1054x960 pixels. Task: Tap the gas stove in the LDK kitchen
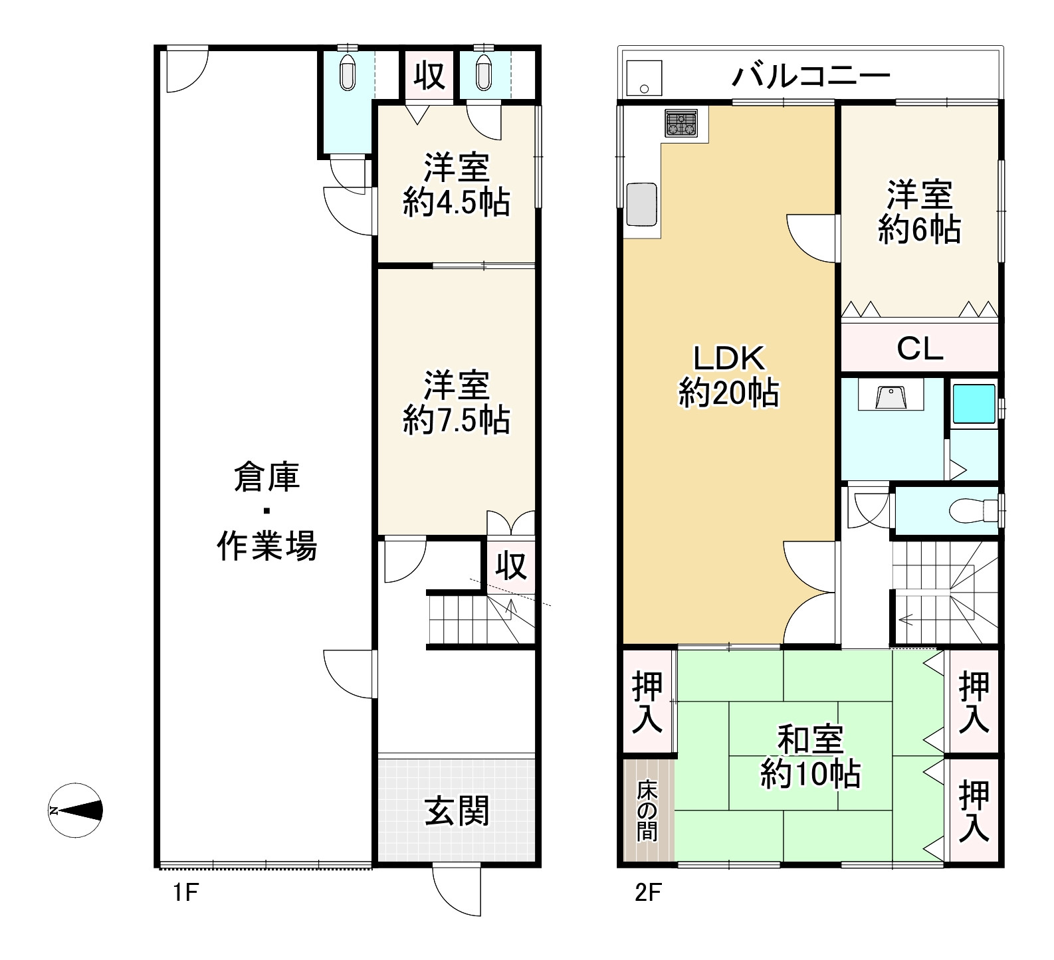[681, 124]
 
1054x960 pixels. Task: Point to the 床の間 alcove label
[647, 811]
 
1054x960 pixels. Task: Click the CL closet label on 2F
[920, 349]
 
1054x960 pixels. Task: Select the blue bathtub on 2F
[974, 403]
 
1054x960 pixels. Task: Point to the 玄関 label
[457, 811]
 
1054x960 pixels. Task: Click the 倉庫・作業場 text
[267, 512]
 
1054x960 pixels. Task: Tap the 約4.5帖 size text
[457, 202]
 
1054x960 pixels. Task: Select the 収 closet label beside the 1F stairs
[511, 566]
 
